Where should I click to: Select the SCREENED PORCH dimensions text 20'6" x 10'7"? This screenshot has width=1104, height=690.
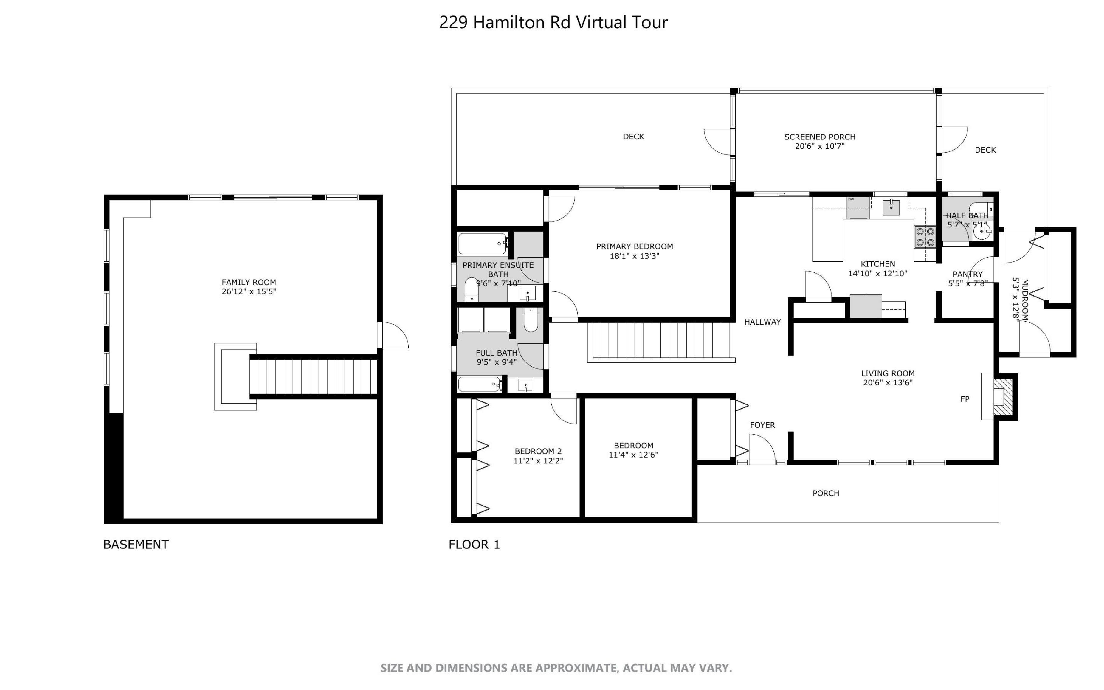(820, 146)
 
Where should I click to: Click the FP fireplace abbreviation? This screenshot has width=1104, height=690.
(965, 399)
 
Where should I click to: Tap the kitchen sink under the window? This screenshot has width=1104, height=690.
(891, 207)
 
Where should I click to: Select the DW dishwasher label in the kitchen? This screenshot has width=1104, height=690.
(851, 199)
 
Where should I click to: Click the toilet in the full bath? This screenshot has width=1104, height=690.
(531, 320)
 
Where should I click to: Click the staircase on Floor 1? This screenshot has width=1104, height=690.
(660, 341)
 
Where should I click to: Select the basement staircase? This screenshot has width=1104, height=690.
(314, 376)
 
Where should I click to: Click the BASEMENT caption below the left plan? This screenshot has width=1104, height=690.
(136, 545)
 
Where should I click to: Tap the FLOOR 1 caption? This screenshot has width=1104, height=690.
(475, 545)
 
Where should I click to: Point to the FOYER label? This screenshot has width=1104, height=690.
(762, 425)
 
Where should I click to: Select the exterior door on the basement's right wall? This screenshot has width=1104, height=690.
(393, 335)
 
